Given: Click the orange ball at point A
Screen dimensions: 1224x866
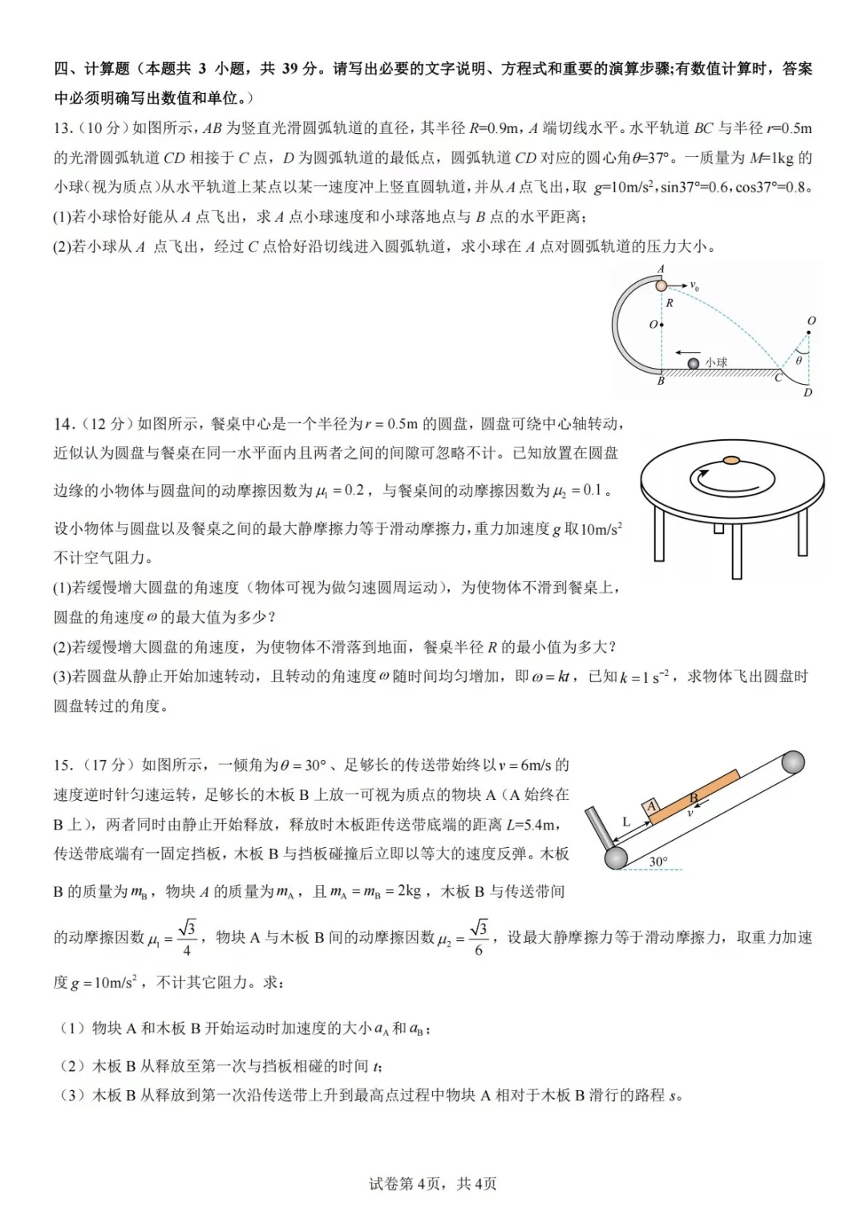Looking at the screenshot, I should pyautogui.click(x=661, y=285).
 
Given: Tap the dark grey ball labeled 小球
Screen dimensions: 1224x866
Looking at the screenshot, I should pyautogui.click(x=694, y=364).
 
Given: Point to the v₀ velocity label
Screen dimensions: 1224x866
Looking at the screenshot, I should pyautogui.click(x=694, y=286).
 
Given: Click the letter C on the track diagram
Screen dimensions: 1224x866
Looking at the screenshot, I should pyautogui.click(x=778, y=378).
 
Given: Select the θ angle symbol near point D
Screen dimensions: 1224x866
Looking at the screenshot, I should pyautogui.click(x=799, y=361).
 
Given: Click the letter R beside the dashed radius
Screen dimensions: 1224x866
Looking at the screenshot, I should pyautogui.click(x=670, y=303).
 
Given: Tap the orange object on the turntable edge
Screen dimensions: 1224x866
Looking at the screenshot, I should pyautogui.click(x=730, y=460).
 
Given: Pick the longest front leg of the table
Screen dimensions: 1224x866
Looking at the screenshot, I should pyautogui.click(x=737, y=550).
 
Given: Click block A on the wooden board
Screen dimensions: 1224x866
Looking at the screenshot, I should pyautogui.click(x=652, y=806).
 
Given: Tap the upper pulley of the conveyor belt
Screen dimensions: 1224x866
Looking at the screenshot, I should pyautogui.click(x=792, y=761).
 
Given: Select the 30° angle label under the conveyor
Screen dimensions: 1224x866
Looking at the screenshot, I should pyautogui.click(x=658, y=861).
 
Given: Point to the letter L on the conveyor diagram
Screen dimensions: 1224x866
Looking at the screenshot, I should pyautogui.click(x=626, y=822).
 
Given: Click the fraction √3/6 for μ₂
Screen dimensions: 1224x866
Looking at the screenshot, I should pyautogui.click(x=479, y=937).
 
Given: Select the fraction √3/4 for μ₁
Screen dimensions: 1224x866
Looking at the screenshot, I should pyautogui.click(x=187, y=937).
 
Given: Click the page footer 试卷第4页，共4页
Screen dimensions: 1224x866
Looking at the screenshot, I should pyautogui.click(x=433, y=1184).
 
